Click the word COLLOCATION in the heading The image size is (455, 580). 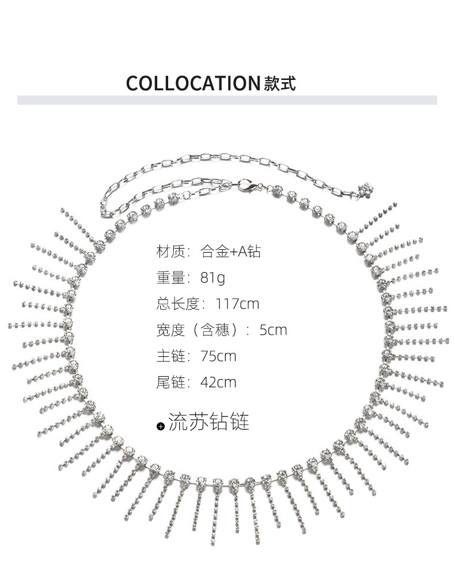pos(194,83)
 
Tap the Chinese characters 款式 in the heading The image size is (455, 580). pos(280,83)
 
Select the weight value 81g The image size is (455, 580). pos(213,278)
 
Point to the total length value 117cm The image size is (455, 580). pos(237,304)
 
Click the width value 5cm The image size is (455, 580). pos(273,330)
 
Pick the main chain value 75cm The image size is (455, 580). pos(218,356)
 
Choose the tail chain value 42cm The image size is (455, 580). pos(218,382)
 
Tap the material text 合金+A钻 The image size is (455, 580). pos(230,251)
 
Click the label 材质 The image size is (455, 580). pos(169,251)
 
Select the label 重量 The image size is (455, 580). pos(169,278)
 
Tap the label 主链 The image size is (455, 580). pos(169,356)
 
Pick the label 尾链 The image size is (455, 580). pos(169,382)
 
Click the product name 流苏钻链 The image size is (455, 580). pos(209,422)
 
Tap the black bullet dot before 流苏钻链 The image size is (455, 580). pos(161,426)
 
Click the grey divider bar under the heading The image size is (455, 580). pos(227,100)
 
